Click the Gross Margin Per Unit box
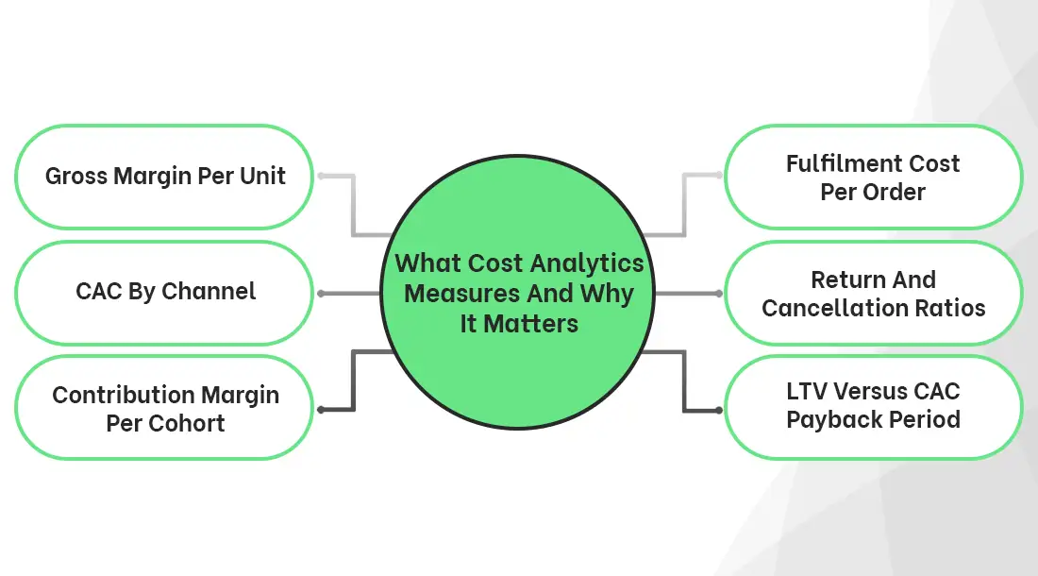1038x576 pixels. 164,177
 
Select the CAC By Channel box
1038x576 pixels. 164,292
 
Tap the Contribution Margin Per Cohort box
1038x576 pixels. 164,408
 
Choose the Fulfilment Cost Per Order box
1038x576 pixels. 873,177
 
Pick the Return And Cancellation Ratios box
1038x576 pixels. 873,293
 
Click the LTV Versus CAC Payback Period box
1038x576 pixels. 873,406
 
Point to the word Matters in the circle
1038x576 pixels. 543,324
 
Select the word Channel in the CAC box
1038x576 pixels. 210,292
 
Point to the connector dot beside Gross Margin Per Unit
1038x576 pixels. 321,177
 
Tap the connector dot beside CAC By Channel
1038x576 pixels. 321,294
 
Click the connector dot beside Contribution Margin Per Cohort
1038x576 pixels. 321,410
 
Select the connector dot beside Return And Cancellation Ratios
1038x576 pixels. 719,294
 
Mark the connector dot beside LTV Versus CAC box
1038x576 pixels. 719,410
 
